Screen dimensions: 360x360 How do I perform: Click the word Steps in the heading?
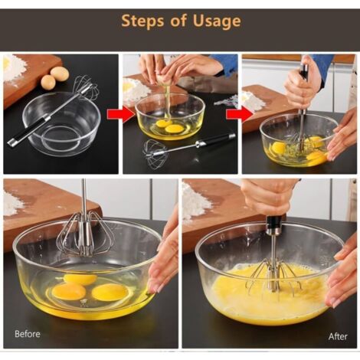tap(142, 21)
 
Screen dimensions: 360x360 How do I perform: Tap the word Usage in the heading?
tap(217, 22)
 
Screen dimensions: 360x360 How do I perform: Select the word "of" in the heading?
tap(178, 21)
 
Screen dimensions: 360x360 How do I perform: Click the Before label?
tap(28, 334)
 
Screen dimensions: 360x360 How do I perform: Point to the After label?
tap(338, 336)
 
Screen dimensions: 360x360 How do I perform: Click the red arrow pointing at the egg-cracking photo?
tap(120, 115)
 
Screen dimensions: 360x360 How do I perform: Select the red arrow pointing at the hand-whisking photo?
tap(240, 115)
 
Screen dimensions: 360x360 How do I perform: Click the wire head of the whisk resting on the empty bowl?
tap(86, 87)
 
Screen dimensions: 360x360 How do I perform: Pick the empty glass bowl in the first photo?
tap(61, 124)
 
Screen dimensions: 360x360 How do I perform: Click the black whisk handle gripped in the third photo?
tap(305, 72)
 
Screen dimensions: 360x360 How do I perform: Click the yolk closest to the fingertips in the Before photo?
tap(110, 292)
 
